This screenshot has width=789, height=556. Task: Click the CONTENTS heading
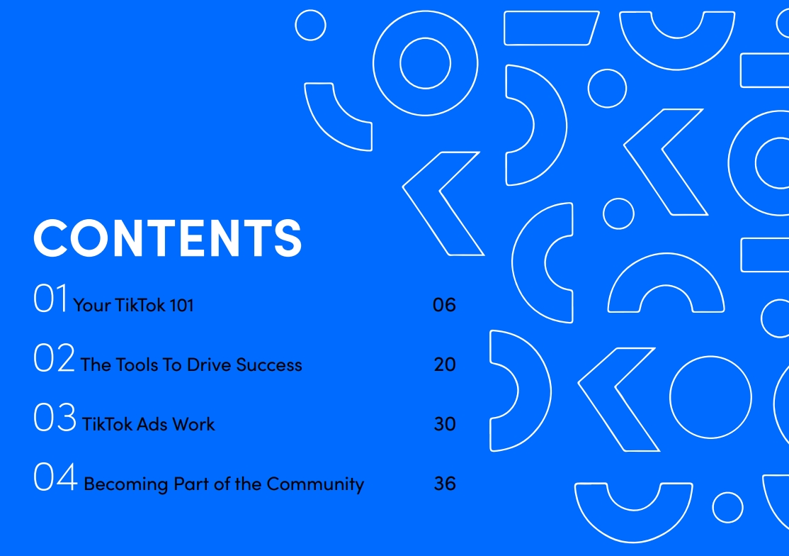(168, 238)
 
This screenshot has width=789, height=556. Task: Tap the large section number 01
(50, 298)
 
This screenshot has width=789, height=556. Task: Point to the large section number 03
(55, 417)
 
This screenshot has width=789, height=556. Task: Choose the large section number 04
(56, 477)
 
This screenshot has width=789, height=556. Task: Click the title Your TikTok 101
(133, 305)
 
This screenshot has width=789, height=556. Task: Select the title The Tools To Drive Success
(191, 365)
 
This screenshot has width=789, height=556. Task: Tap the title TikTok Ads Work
(149, 424)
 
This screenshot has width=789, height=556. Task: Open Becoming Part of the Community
(224, 484)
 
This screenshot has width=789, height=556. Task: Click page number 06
(444, 305)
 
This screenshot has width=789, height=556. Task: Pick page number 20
(445, 364)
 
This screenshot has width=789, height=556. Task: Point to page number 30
(445, 423)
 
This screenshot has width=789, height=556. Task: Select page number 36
(445, 484)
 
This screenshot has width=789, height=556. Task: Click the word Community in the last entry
(315, 484)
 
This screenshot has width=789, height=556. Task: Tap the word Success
(269, 365)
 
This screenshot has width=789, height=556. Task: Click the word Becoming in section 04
(126, 484)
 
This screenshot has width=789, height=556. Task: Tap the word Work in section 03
(194, 424)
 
